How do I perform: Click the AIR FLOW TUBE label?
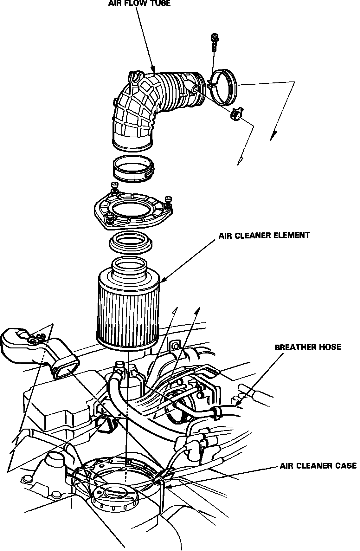(x=139, y=3)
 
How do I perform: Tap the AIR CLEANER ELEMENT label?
(x=264, y=235)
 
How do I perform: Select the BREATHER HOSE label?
(x=307, y=347)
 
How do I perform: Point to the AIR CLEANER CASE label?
(x=318, y=466)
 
